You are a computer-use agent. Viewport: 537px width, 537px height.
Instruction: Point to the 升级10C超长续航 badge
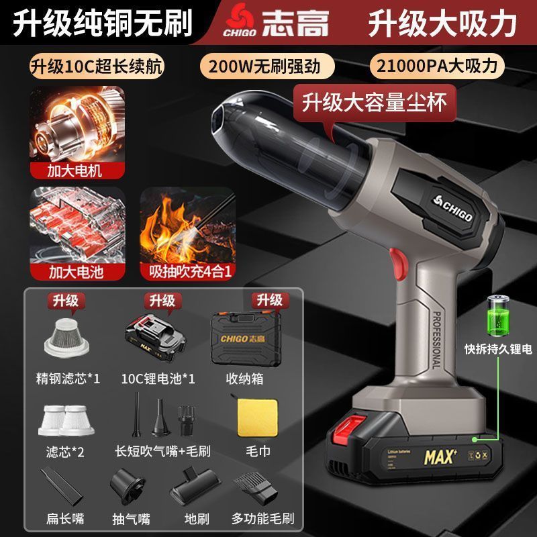[96, 67]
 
